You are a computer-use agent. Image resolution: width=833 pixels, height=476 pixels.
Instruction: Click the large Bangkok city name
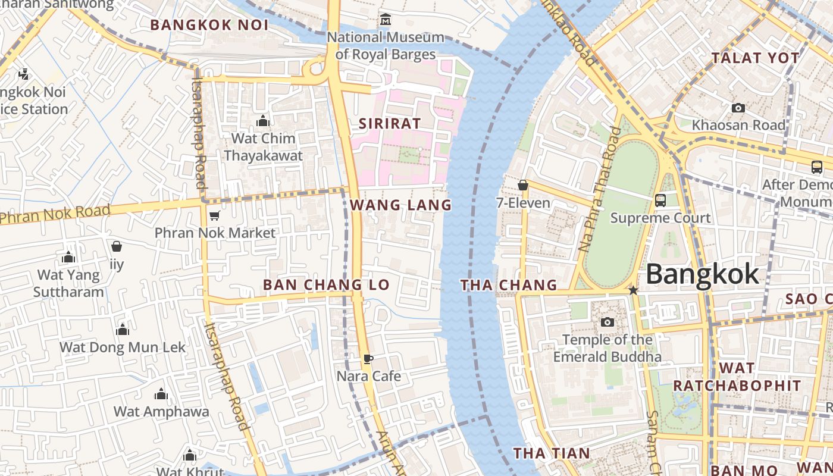702,275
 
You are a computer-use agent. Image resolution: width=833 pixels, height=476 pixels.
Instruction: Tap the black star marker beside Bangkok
633,290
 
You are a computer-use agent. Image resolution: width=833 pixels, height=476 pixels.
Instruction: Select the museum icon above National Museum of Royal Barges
386,20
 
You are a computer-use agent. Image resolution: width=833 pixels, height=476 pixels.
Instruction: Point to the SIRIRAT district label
390,124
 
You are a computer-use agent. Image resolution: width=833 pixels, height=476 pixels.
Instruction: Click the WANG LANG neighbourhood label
400,205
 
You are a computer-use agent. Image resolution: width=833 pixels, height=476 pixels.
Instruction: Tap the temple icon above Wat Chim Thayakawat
263,121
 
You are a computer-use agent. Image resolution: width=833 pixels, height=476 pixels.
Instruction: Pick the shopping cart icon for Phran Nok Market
214,215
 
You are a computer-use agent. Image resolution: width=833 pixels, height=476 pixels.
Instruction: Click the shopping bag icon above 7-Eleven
523,186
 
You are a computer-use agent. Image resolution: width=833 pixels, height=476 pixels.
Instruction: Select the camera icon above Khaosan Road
738,108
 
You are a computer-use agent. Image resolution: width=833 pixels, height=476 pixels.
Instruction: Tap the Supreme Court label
660,218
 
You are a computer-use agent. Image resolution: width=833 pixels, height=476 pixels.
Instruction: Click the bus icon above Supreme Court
660,201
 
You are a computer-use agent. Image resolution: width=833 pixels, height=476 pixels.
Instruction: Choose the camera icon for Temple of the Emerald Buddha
607,322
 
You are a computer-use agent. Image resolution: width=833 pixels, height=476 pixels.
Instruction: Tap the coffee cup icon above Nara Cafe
368,359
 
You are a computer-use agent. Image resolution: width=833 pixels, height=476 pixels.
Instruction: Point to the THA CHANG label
509,286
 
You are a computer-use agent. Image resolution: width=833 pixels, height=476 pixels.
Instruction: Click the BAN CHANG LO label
326,285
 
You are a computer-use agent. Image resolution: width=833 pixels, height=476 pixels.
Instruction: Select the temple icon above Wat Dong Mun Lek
123,330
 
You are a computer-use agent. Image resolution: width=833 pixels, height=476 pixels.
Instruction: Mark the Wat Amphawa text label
161,412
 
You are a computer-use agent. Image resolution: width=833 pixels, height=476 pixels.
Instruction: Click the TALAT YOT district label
756,58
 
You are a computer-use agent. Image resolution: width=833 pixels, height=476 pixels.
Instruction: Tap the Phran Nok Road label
55,214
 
